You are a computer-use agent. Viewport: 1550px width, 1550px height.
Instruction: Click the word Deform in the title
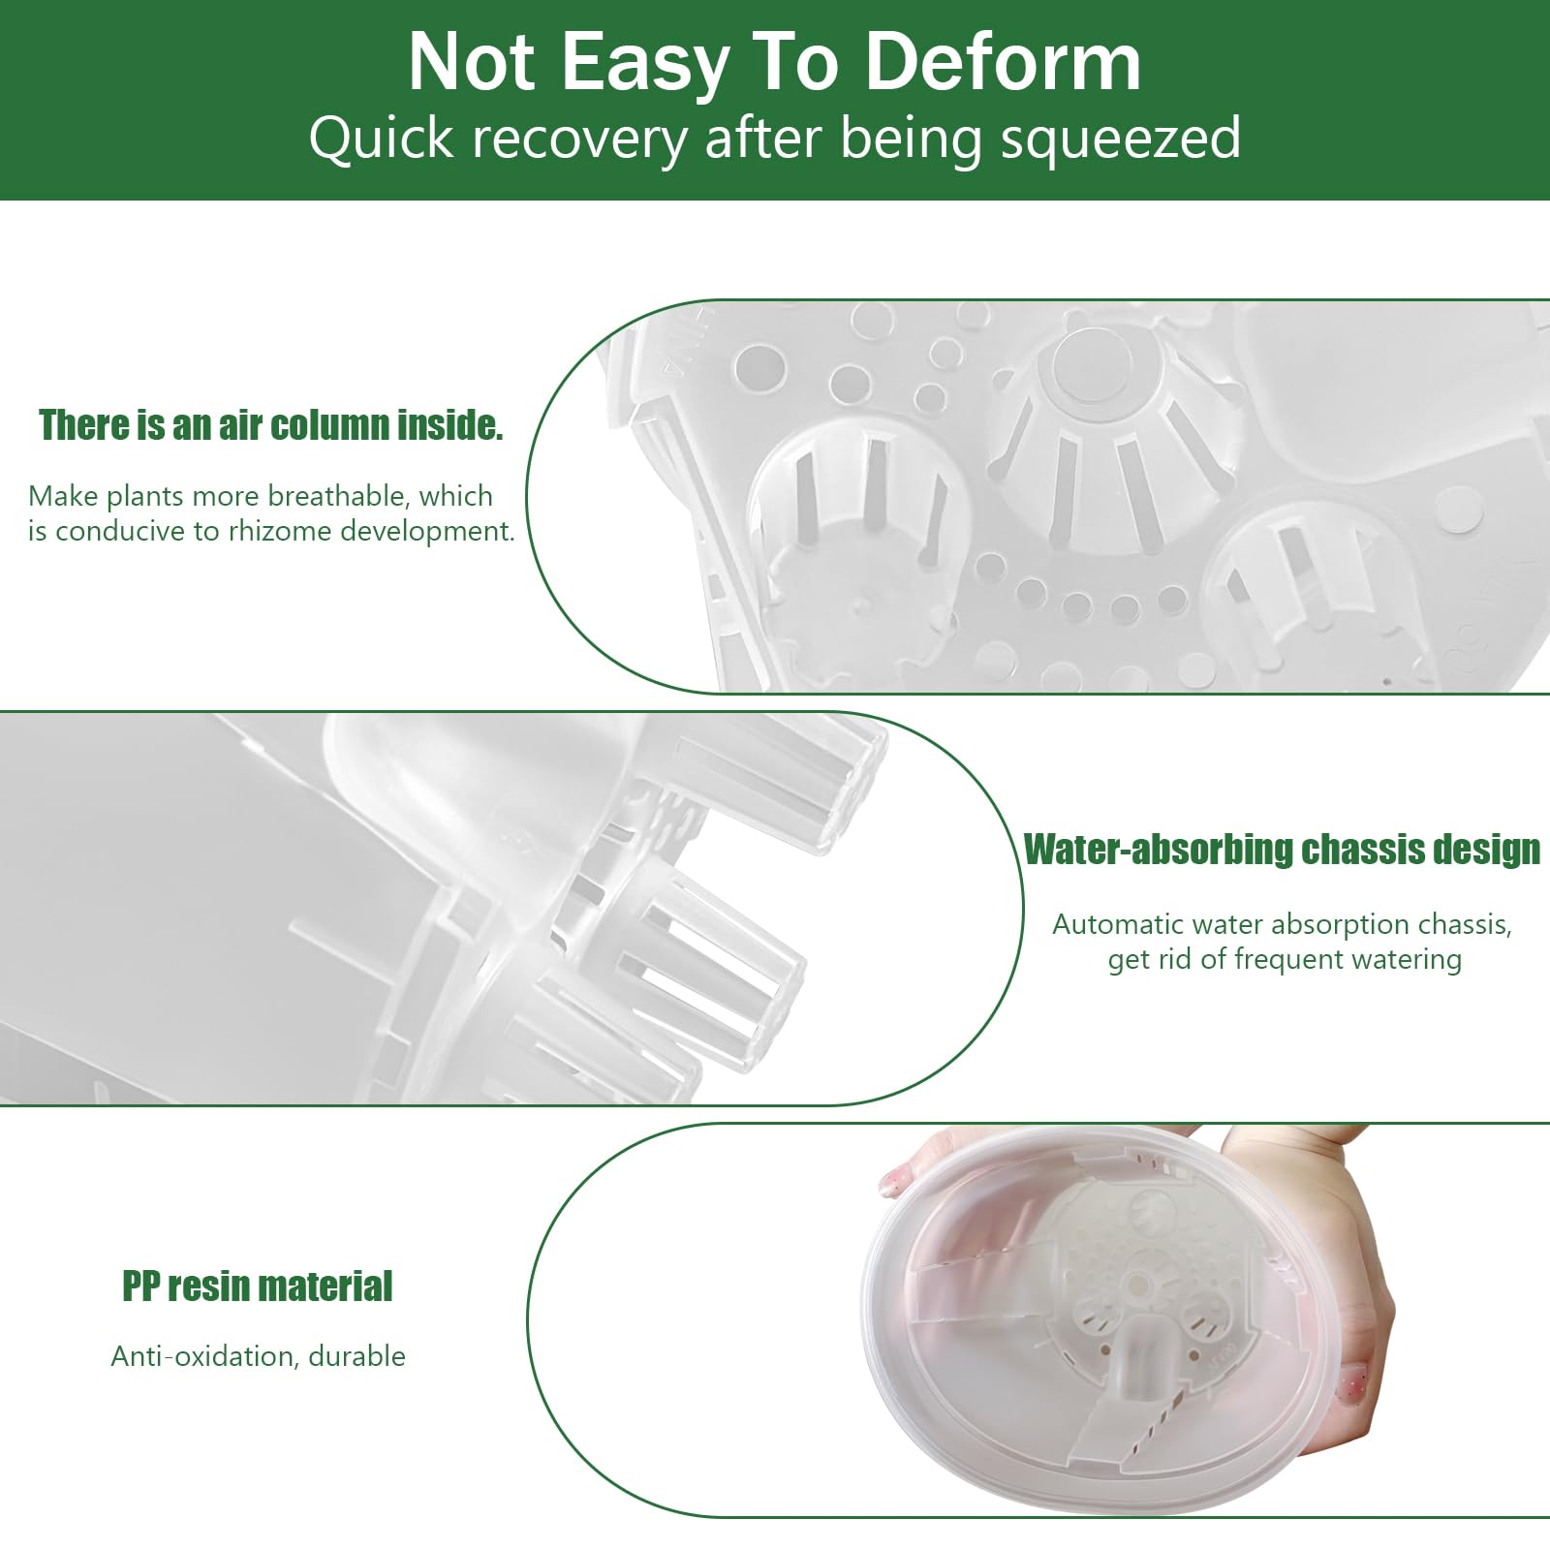pyautogui.click(x=1003, y=62)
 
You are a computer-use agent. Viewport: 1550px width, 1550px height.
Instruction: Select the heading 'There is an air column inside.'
pyautogui.click(x=271, y=425)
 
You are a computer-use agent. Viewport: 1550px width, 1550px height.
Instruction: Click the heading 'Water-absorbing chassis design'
pyautogui.click(x=1283, y=850)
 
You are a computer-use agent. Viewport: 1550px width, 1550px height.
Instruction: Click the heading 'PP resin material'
pyautogui.click(x=258, y=1286)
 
